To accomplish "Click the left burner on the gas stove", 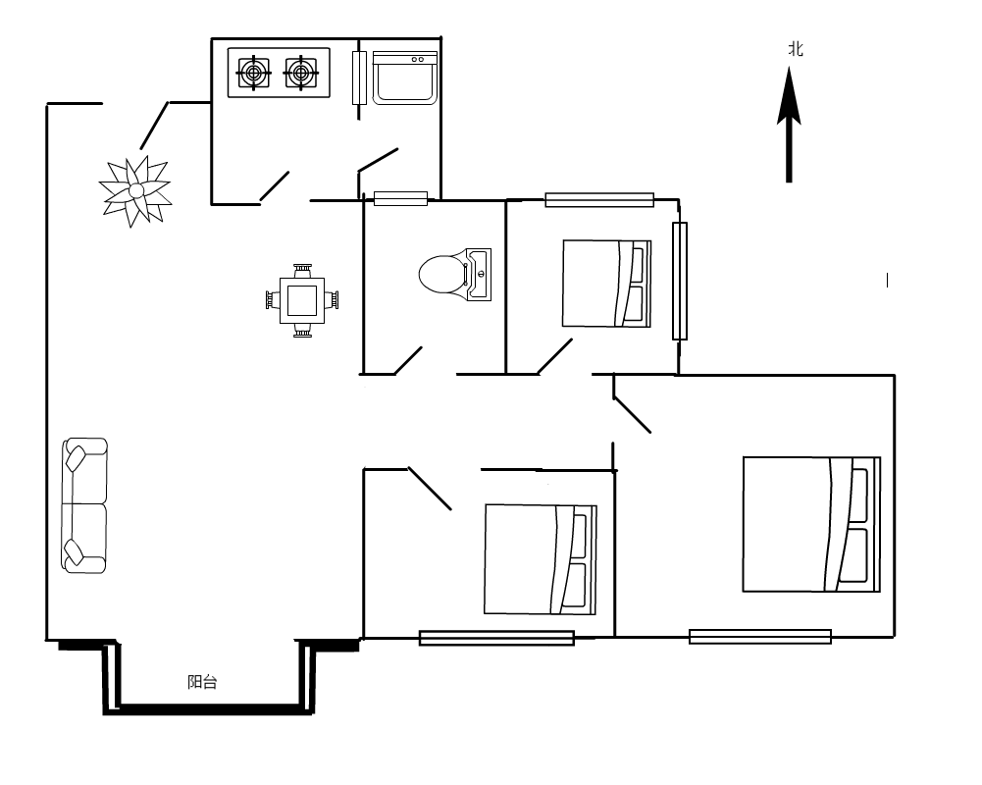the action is click(254, 74).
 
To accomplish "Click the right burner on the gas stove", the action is click(300, 74).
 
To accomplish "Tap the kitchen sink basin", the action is click(404, 78).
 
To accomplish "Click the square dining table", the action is click(302, 300).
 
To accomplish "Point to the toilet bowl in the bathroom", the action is click(442, 274).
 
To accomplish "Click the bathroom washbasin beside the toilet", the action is click(479, 275).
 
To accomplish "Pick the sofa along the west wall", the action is click(84, 505).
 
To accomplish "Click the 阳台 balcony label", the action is click(202, 682).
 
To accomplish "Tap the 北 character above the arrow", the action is click(796, 49).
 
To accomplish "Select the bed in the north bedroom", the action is click(607, 284).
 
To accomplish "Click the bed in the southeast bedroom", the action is click(811, 524).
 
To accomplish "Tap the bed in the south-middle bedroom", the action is click(541, 559).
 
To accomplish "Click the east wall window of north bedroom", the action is click(680, 281).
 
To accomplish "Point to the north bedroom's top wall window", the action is click(599, 200).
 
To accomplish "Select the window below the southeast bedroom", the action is click(760, 637).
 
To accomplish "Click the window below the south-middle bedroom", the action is click(496, 638).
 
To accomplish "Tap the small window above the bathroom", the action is click(401, 198).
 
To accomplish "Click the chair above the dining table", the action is click(302, 271).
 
